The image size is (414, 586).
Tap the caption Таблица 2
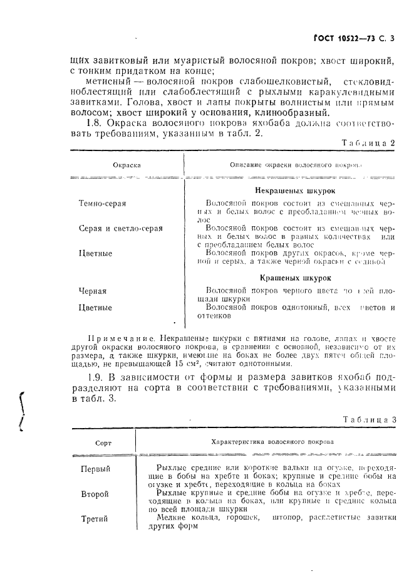click(x=369, y=143)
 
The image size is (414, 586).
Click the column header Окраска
click(x=127, y=165)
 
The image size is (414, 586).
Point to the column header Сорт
click(x=103, y=442)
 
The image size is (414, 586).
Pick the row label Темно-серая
click(x=103, y=204)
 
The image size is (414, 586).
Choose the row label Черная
click(x=93, y=291)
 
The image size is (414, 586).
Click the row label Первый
click(x=95, y=469)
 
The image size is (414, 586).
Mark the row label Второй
click(x=95, y=494)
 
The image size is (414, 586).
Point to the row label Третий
click(x=95, y=519)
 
